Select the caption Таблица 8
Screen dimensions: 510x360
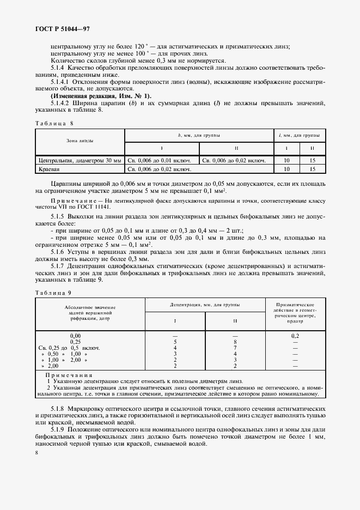pyautogui.click(x=54, y=123)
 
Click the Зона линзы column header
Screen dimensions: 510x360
pyautogui.click(x=80, y=141)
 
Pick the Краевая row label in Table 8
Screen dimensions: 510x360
pyautogui.click(x=52, y=170)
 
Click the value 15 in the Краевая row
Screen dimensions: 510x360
pyautogui.click(x=312, y=170)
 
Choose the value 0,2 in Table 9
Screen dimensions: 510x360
pyautogui.click(x=296, y=336)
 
